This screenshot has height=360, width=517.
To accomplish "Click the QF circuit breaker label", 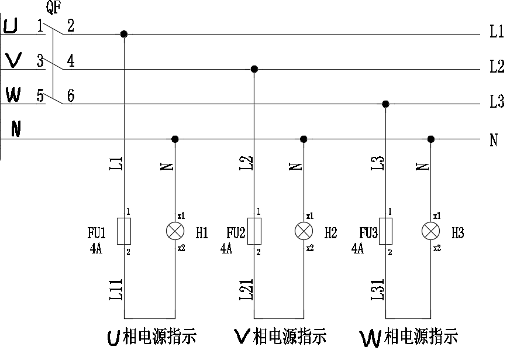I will [x=53, y=8].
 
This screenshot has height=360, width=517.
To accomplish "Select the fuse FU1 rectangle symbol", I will [x=123, y=231].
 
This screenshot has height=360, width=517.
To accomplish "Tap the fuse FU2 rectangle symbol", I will [x=254, y=231].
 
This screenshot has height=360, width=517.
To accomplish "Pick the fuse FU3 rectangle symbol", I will [x=385, y=231].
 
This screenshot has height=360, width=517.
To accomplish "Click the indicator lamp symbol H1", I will [x=175, y=232].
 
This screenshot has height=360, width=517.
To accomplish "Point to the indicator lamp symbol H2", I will [x=303, y=232].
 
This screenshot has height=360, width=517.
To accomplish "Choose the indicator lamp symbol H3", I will [x=430, y=232].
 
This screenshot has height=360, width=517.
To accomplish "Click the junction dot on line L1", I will [x=123, y=34].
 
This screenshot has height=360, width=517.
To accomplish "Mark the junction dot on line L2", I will [x=254, y=69].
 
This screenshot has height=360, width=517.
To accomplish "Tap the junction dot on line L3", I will [x=385, y=104].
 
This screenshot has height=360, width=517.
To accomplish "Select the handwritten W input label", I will [x=12, y=94].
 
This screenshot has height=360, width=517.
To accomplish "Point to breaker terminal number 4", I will [x=71, y=61].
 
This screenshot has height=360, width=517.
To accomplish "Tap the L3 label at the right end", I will [x=497, y=102].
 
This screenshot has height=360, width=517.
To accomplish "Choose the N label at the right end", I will [x=494, y=140].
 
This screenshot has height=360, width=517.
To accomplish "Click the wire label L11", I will [x=116, y=289].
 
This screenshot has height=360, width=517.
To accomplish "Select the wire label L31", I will [x=378, y=289].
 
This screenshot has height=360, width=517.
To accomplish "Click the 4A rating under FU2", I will [x=226, y=249].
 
